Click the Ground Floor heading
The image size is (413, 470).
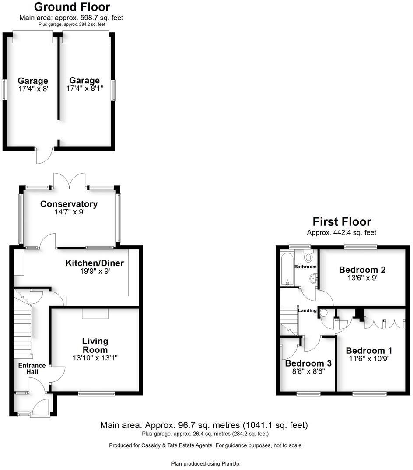[x=72, y=7]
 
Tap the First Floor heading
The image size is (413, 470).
[x=341, y=222]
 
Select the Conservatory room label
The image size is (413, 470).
[x=69, y=204]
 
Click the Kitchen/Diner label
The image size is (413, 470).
[x=94, y=263]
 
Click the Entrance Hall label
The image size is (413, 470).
[x=31, y=369]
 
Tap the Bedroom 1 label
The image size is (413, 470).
[x=368, y=351]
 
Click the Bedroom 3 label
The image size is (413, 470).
[x=308, y=363]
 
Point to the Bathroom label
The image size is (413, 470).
[x=305, y=267]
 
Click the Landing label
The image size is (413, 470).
[x=307, y=310]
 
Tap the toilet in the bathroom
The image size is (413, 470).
[x=308, y=256]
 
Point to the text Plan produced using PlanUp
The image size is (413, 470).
[x=206, y=463]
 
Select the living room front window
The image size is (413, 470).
[x=97, y=394]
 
